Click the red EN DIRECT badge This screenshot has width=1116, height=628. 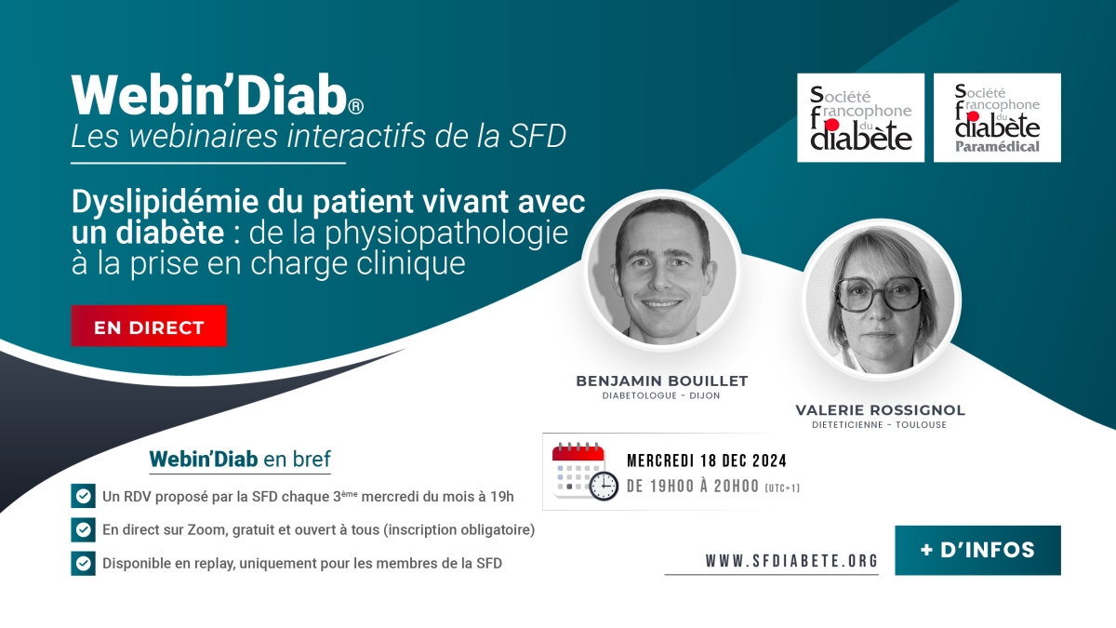tap(149, 326)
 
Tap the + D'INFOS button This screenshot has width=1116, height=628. tap(977, 550)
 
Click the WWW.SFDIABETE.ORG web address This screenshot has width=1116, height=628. tap(791, 561)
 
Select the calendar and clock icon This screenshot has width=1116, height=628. tap(585, 472)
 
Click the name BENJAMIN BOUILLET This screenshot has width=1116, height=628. tap(661, 381)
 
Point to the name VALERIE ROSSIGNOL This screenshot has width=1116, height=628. tap(880, 410)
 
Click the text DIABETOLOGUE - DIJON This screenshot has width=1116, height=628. tap(661, 395)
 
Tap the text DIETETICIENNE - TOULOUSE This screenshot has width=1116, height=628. tap(880, 424)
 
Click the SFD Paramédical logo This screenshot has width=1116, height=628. tap(997, 117)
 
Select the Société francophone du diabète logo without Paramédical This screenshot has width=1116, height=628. tap(860, 117)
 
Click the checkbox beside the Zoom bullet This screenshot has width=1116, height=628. tap(83, 529)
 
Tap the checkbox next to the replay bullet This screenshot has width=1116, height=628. tap(83, 563)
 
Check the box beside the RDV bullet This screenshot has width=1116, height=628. tap(83, 496)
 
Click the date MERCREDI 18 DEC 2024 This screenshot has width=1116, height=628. tap(707, 461)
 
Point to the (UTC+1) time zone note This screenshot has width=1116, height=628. tap(782, 488)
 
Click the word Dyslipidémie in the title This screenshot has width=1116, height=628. tap(166, 202)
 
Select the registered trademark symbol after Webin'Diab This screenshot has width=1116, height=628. tap(355, 106)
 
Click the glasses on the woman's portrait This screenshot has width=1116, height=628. tap(879, 294)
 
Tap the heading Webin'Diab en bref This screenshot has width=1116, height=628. tap(240, 459)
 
